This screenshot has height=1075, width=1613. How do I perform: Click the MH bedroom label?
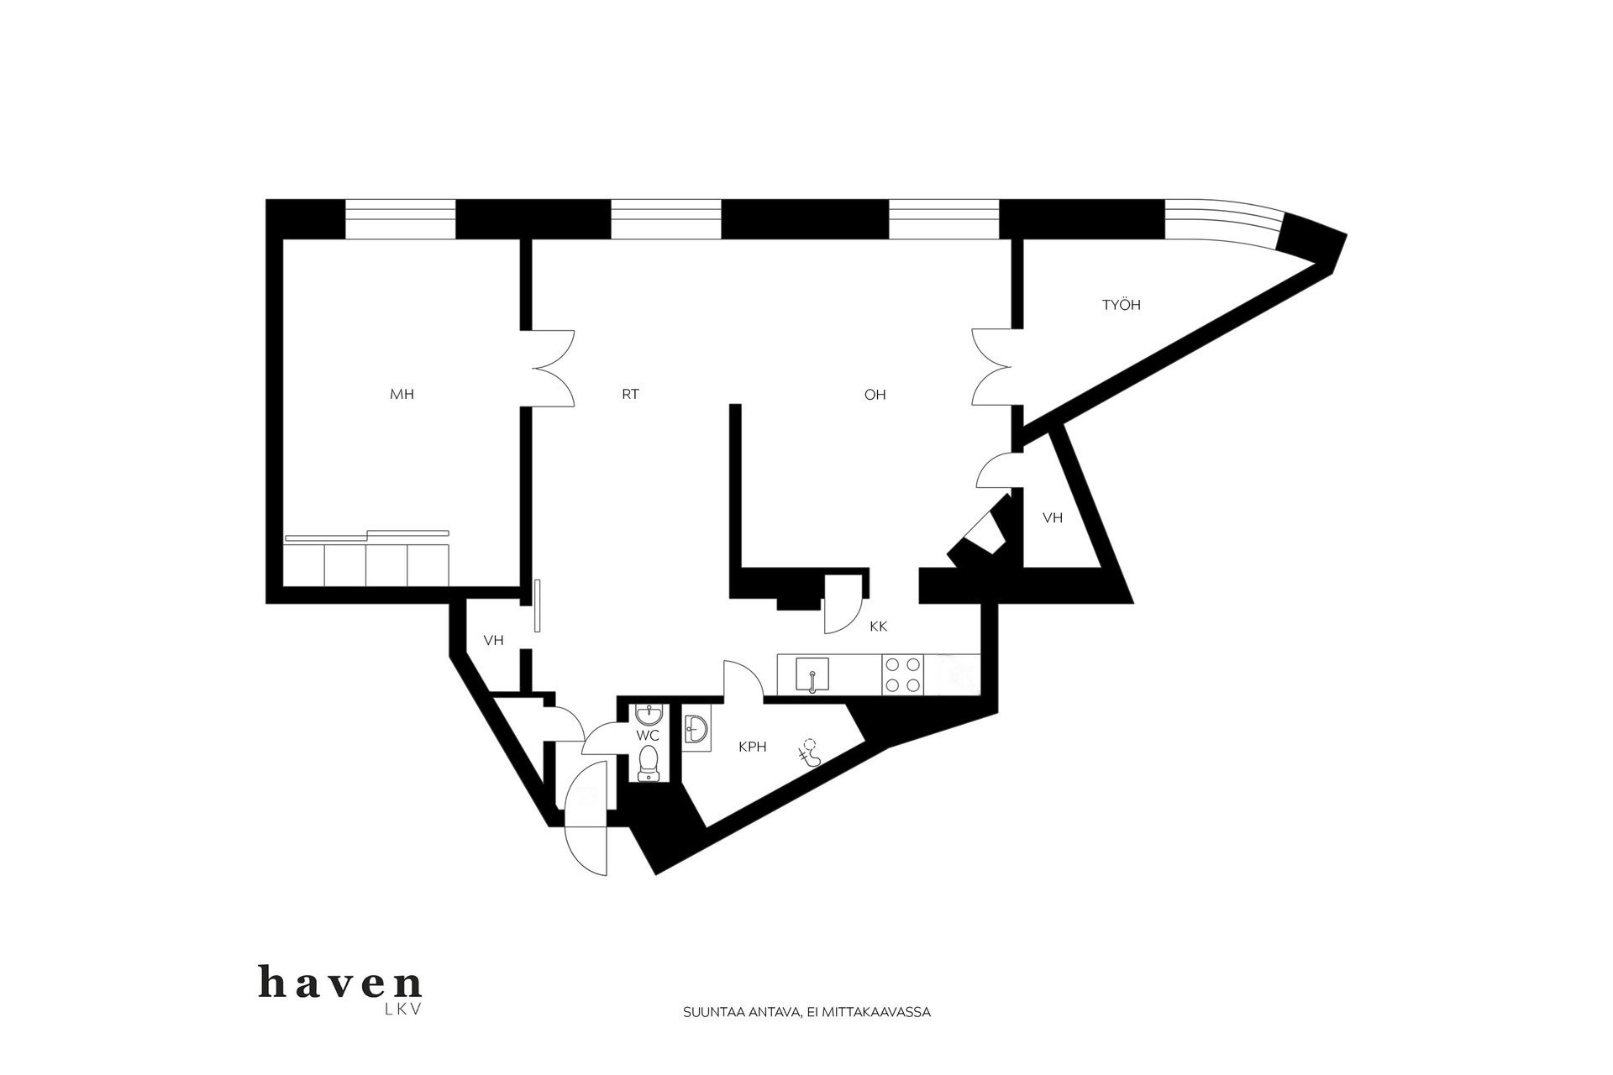pos(402,394)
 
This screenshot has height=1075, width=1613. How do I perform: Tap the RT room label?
pos(631,394)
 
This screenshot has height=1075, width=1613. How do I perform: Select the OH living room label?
pos(875,394)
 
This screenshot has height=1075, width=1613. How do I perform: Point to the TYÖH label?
pos(1122,305)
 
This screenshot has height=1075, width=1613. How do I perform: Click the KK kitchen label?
pos(879,627)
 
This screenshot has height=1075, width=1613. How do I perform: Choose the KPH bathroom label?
pos(753,746)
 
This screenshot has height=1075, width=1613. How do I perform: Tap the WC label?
pos(647,736)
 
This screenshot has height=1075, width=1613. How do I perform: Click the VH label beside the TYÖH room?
pos(1053,518)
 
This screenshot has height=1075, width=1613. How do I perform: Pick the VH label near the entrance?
pos(493,640)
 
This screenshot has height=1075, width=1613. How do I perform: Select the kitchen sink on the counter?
pos(812,675)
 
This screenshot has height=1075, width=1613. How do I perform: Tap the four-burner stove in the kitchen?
pos(902,674)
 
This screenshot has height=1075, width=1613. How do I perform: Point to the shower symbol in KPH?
pos(809,752)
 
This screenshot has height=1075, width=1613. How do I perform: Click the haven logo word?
pos(341,983)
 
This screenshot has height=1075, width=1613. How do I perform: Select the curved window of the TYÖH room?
pos(1227,218)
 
